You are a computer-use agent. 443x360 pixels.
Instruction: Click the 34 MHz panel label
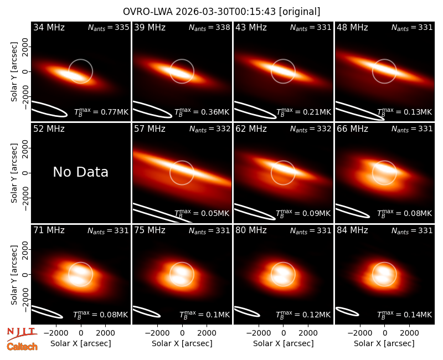(49, 27)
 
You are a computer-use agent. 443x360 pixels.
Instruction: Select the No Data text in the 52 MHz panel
(81, 172)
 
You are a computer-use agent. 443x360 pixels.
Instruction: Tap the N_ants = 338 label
(210, 27)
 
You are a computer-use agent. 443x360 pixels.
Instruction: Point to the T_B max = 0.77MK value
(101, 112)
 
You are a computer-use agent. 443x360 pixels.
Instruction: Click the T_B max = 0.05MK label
(202, 213)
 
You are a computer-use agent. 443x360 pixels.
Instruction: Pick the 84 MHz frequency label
(352, 230)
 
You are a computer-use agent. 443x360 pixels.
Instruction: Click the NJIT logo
(22, 334)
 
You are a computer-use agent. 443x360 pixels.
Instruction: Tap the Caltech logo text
(22, 347)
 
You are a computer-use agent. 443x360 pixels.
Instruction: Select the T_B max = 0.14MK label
(405, 315)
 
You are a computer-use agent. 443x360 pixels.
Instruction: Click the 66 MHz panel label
(352, 129)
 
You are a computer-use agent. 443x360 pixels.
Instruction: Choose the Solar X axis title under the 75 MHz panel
(182, 343)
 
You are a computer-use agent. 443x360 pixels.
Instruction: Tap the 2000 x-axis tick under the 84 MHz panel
(409, 333)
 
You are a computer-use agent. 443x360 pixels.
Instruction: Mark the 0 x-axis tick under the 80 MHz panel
(284, 333)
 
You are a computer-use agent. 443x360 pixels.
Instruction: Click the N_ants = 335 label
(109, 27)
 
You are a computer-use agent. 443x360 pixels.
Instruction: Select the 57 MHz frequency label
(150, 129)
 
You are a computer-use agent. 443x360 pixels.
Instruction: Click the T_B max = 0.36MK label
(202, 112)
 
